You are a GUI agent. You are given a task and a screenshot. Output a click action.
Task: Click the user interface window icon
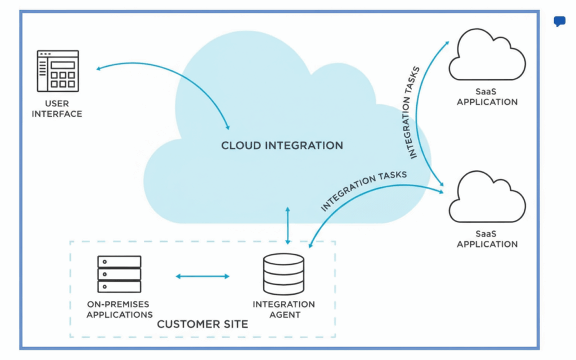click(58, 70)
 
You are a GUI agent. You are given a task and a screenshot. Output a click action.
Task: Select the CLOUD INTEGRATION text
click(281, 146)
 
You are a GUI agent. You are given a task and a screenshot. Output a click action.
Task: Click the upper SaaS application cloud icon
click(487, 57)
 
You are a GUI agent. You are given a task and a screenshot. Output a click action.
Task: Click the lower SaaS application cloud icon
click(487, 199)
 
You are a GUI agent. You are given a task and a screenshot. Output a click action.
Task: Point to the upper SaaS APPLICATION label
click(487, 97)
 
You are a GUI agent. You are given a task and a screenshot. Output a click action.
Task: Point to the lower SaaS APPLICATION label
click(487, 240)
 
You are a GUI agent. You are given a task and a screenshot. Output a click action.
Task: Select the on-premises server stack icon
click(119, 274)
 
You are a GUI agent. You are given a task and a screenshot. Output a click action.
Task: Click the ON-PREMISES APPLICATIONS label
click(119, 310)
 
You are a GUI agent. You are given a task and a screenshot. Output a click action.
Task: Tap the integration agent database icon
click(283, 274)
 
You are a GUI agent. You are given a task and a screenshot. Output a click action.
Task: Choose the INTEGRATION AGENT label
click(283, 309)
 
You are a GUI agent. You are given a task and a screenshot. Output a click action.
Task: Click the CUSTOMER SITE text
click(202, 325)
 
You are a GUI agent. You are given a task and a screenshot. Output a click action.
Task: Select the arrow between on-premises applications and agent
click(202, 276)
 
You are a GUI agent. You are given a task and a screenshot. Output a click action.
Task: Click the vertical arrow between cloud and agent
click(288, 225)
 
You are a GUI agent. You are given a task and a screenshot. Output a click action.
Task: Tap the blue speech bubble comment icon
click(559, 22)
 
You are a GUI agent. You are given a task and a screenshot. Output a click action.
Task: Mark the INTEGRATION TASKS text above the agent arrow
click(363, 192)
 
